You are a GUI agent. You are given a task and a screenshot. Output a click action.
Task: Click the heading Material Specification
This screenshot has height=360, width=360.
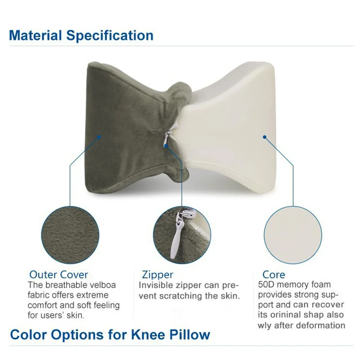click(x=81, y=35)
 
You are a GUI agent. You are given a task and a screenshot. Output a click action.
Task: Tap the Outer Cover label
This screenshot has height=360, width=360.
click(x=58, y=274)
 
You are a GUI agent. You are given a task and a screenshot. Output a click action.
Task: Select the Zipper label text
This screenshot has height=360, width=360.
click(x=157, y=274)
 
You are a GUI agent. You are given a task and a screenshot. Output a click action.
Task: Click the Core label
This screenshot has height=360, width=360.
click(x=274, y=274)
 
